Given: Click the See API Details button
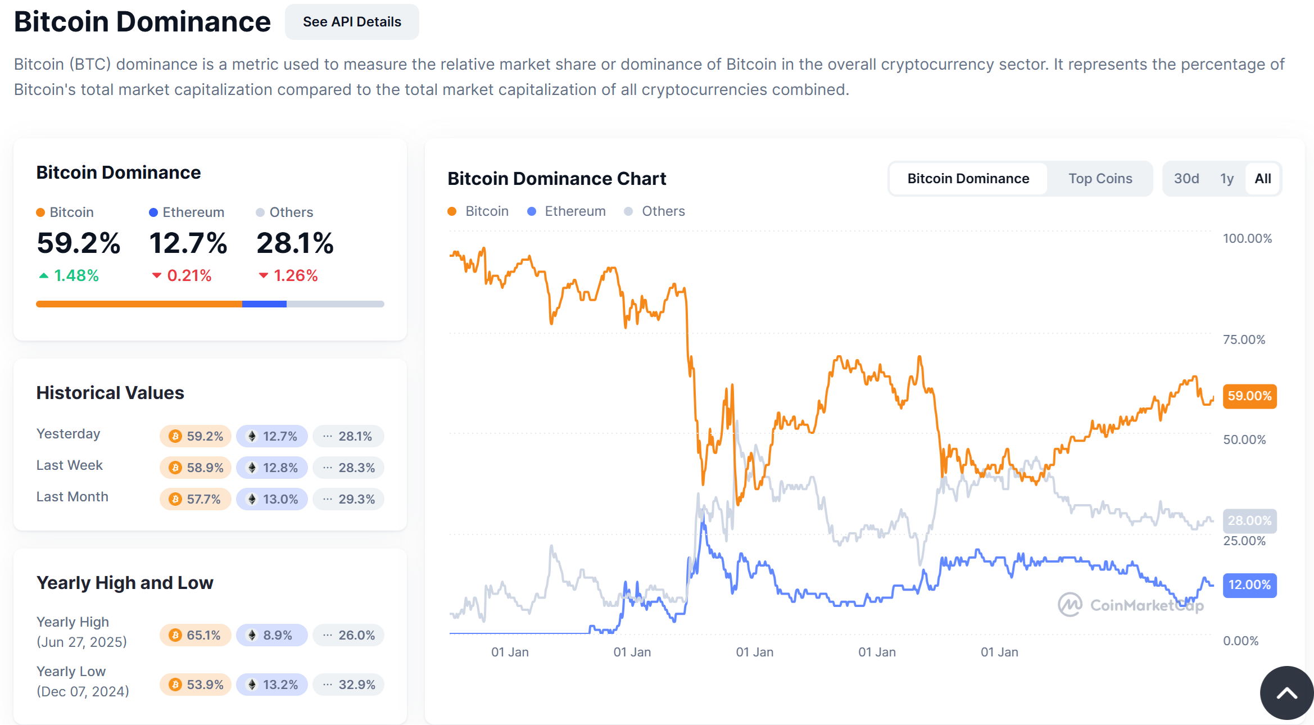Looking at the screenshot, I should coord(352,22).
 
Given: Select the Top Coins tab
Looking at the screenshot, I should coord(1100,179).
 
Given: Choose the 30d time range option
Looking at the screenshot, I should coord(1186,179).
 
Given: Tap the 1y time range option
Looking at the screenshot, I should coord(1226,179).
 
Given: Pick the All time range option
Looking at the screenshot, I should coord(1262,179).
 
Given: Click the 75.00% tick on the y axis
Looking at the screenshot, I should coord(1244,339).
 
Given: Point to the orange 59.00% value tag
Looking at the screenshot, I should coord(1249,396).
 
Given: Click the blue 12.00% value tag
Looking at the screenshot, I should coord(1249,585).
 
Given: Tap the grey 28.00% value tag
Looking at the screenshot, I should coord(1249,521).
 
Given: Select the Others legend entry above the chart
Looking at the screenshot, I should coord(655,211).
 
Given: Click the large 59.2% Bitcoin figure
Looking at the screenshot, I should coord(79,243).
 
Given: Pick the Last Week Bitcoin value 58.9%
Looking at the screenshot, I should coord(196,468).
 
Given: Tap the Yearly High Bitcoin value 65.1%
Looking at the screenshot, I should coord(196,635).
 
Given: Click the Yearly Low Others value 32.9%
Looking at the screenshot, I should coord(348,685).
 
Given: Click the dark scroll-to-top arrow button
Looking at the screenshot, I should coord(1286,693).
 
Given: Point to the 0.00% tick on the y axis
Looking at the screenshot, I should coord(1240,641).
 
